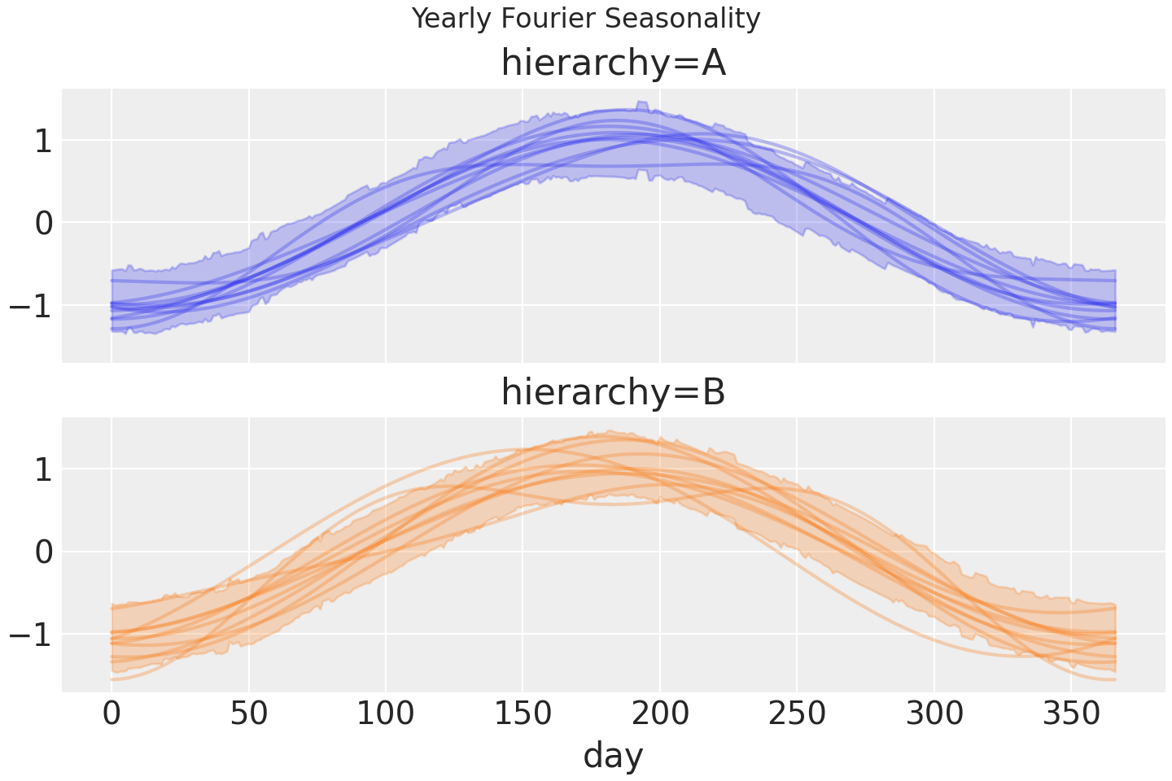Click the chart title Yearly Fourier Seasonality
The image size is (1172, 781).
[586, 18]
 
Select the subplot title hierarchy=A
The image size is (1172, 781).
[613, 63]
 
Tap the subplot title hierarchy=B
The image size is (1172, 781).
[613, 392]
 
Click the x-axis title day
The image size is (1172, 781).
[613, 755]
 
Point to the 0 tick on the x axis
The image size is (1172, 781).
[112, 714]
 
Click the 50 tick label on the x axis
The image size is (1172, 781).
[249, 714]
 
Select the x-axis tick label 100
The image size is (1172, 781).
[386, 714]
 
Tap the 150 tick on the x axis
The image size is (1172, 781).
[523, 714]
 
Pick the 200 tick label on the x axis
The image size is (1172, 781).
[660, 714]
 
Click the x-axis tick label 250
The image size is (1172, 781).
[797, 714]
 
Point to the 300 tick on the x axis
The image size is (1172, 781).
[934, 714]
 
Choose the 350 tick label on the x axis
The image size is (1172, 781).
[1071, 714]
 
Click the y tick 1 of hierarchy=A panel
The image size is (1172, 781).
[44, 141]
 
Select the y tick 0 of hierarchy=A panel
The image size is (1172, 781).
[44, 223]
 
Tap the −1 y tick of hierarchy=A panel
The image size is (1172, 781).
[33, 305]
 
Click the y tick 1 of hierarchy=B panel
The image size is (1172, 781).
[44, 469]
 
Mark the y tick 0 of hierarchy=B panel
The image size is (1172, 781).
[44, 552]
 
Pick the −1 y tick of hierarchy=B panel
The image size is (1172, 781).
[33, 634]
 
